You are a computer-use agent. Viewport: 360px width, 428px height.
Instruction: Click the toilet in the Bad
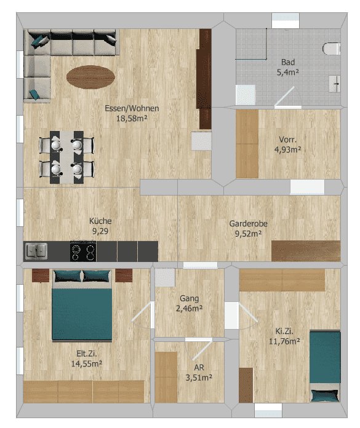pyautogui.click(x=331, y=49)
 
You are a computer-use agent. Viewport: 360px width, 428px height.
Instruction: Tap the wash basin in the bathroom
pyautogui.click(x=335, y=84)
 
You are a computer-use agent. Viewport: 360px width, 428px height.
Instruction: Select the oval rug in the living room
pyautogui.click(x=90, y=77)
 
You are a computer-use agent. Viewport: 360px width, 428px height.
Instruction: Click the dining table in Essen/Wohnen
pyautogui.click(x=67, y=157)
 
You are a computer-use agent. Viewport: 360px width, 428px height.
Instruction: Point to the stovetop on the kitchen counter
pyautogui.click(x=83, y=251)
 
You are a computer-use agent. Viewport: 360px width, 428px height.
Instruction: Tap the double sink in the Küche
pyautogui.click(x=36, y=251)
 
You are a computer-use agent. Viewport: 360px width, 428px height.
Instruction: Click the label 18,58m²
pyautogui.click(x=132, y=119)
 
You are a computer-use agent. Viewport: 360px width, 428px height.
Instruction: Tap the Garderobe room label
pyautogui.click(x=248, y=224)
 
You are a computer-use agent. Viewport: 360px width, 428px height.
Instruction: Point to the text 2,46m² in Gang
pyautogui.click(x=190, y=309)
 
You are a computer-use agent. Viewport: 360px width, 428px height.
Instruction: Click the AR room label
pyautogui.click(x=199, y=367)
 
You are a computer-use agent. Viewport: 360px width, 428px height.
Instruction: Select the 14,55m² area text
pyautogui.click(x=87, y=363)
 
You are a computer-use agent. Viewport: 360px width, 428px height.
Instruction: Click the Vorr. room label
pyautogui.click(x=287, y=140)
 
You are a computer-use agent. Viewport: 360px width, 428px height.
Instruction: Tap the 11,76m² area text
pyautogui.click(x=284, y=341)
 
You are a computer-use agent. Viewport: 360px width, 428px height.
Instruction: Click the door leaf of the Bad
pyautogui.click(x=284, y=97)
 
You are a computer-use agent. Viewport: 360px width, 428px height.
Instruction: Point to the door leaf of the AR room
pyautogui.click(x=202, y=349)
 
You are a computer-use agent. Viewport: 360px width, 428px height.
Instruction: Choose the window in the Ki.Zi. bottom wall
pyautogui.click(x=268, y=410)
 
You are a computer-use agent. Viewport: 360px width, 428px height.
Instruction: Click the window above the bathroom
pyautogui.click(x=286, y=20)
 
